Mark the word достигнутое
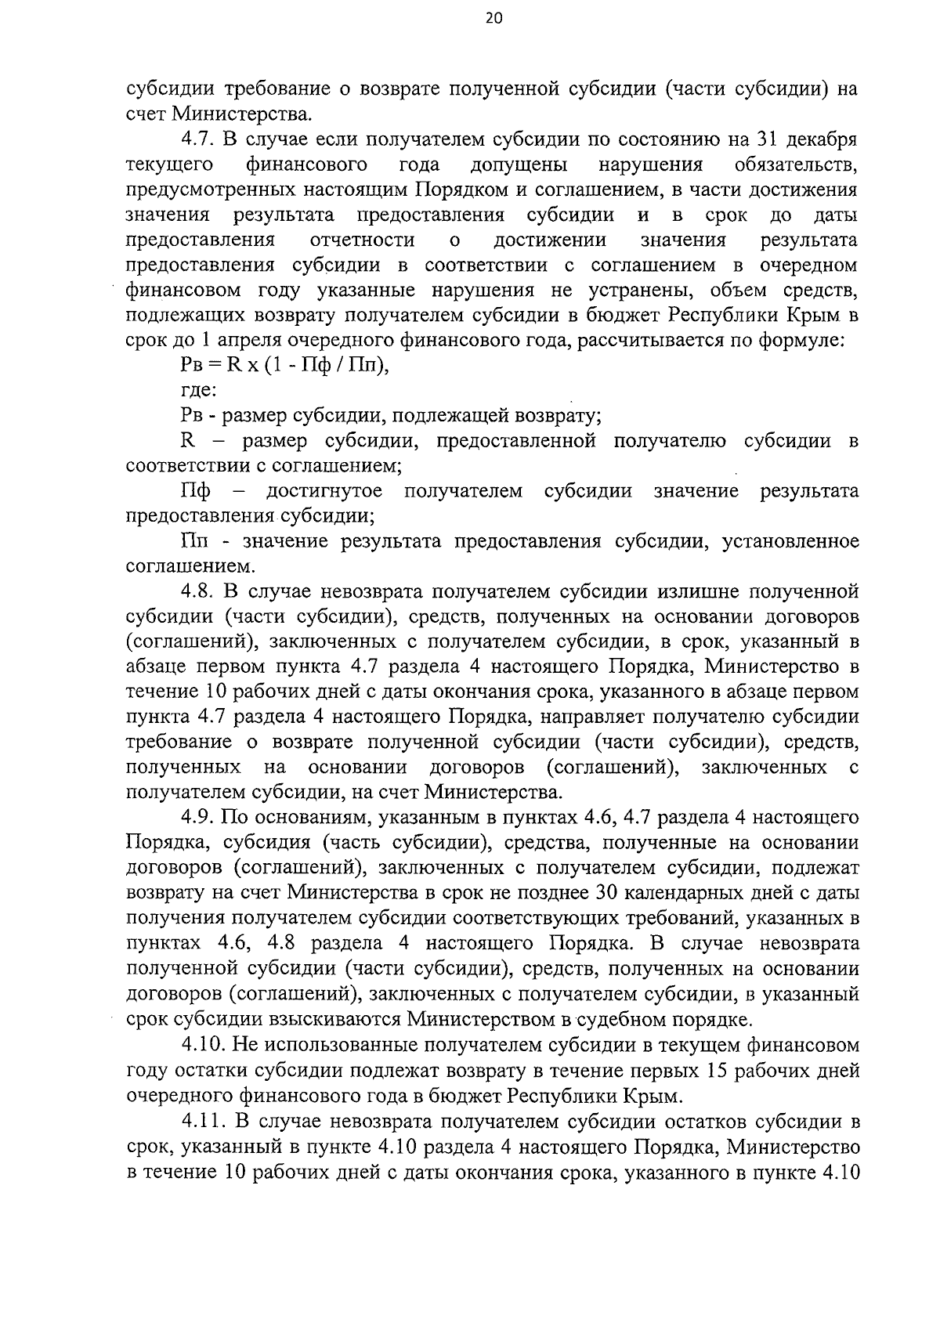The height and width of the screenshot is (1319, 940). (x=324, y=491)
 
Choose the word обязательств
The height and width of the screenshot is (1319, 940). (x=796, y=165)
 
